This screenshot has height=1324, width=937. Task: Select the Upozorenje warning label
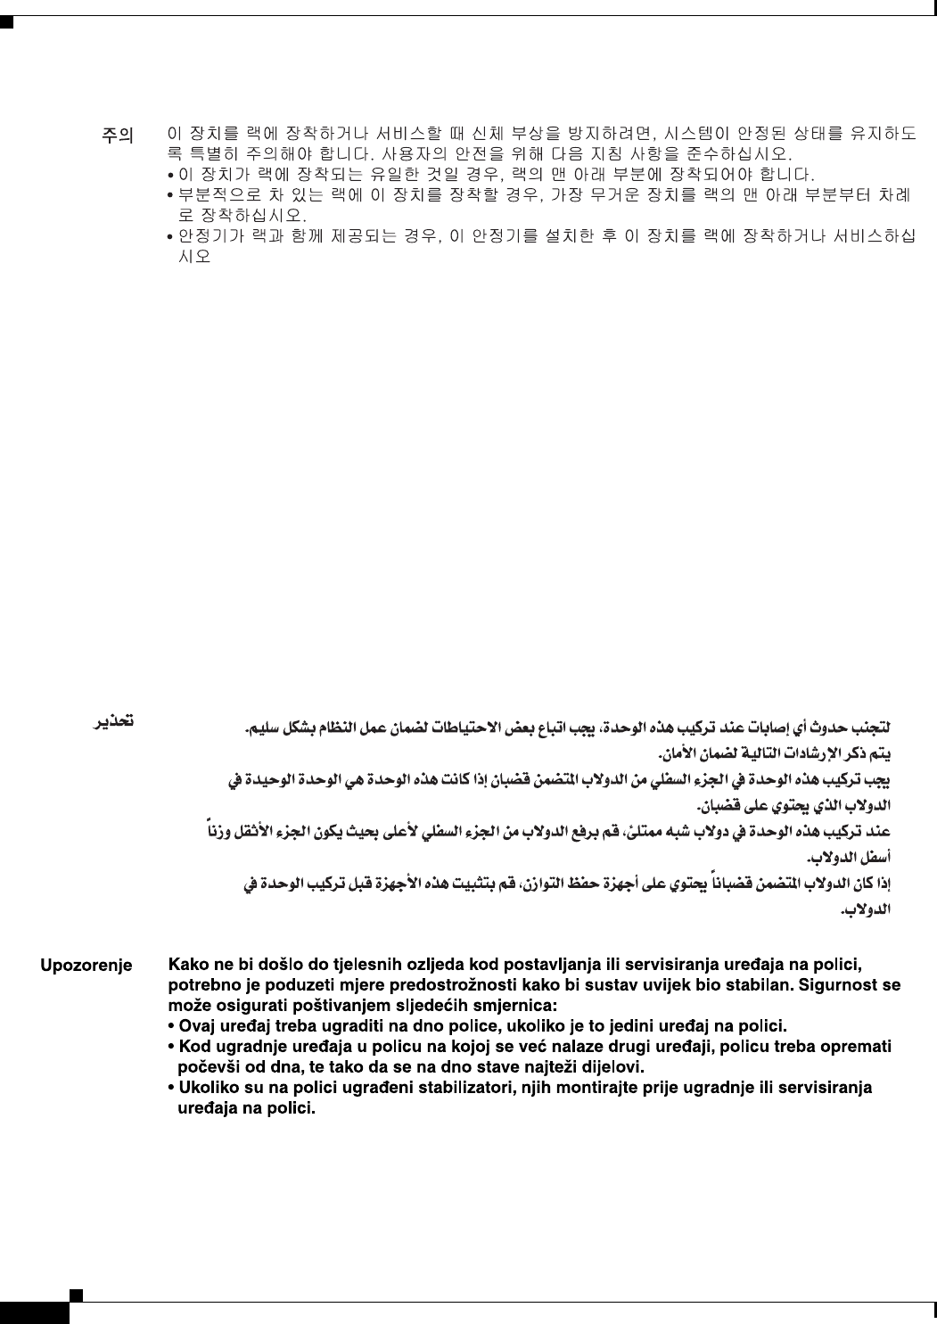[86, 966]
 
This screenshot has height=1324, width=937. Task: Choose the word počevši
[212, 1066]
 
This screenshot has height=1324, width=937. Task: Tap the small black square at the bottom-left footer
[77, 1294]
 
